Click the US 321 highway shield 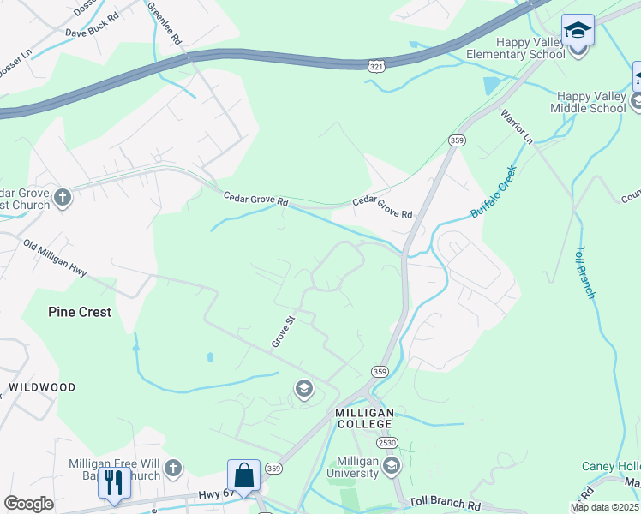pos(377,66)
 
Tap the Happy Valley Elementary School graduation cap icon pos(578,31)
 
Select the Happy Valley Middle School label pos(591,102)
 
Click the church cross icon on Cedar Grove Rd pos(62,199)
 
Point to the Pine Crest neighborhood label pos(80,312)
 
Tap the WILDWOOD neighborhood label pos(42,387)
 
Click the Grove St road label pos(283,332)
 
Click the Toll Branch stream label pos(584,272)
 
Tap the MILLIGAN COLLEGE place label pos(363,420)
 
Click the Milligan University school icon pos(392,466)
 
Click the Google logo pos(28,504)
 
